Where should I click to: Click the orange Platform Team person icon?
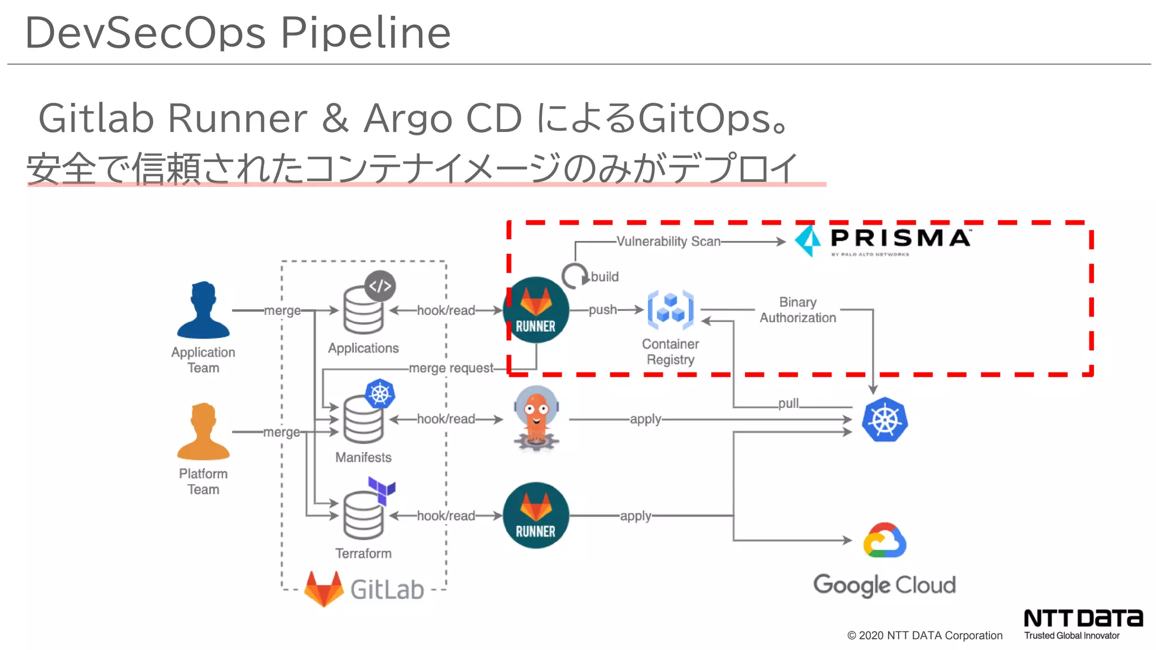[x=203, y=432]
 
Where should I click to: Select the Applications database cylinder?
[x=363, y=310]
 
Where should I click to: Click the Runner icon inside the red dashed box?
[x=536, y=310]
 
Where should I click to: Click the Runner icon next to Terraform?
[x=536, y=515]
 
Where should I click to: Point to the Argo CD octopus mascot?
[x=536, y=418]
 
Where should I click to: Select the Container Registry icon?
[x=671, y=310]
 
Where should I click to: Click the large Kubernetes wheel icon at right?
[x=884, y=420]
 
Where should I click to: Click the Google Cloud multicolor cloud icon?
[x=884, y=540]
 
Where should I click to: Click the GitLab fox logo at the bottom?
[x=323, y=588]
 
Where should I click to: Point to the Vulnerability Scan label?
[x=668, y=241]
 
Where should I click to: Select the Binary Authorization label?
[x=798, y=310]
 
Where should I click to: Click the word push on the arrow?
[x=602, y=310]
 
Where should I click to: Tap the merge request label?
[x=450, y=368]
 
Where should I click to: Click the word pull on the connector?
[x=788, y=403]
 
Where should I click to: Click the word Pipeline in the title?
[x=366, y=33]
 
